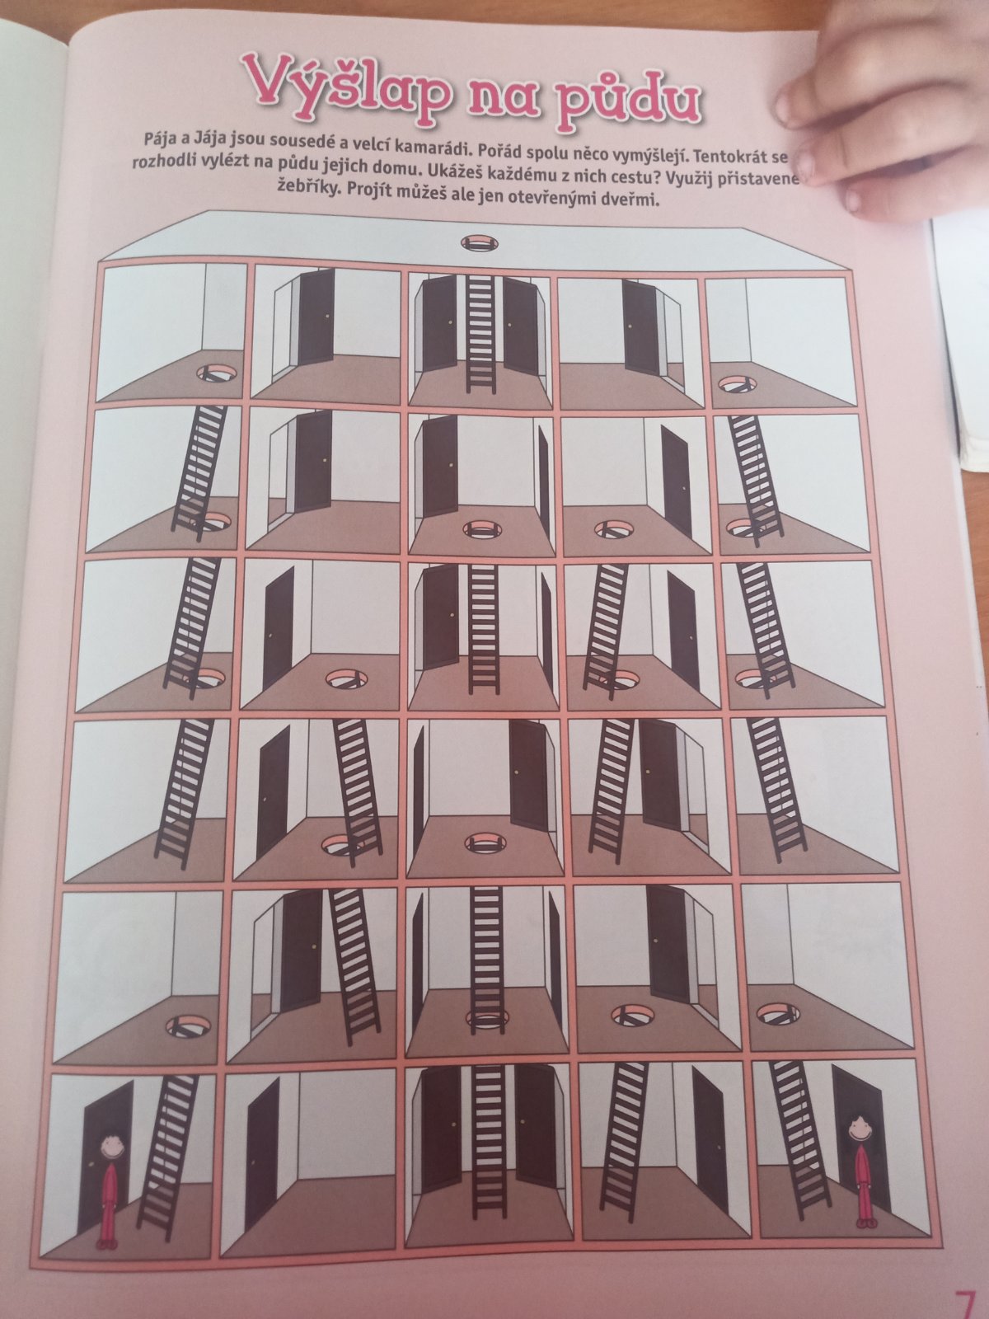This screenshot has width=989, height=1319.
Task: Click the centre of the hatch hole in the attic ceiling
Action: click(480, 242)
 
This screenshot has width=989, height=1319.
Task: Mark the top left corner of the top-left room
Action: click(105, 267)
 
